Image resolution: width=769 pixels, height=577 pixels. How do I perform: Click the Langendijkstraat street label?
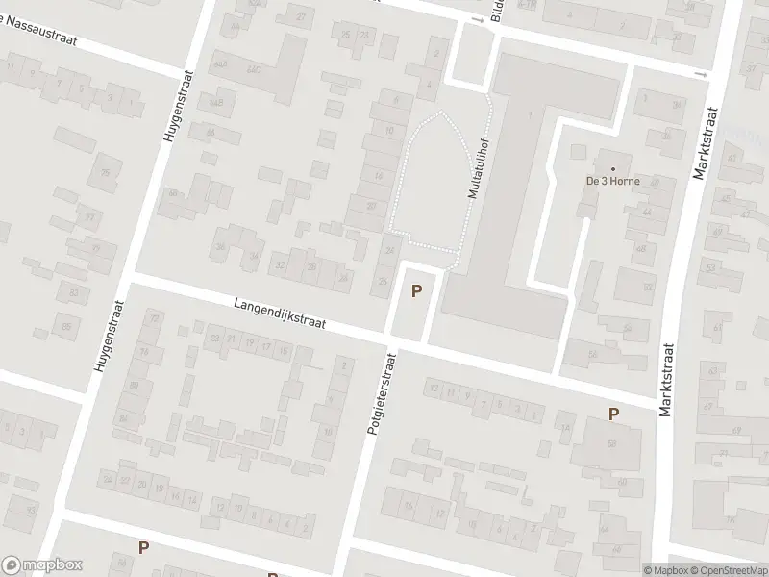[279, 314]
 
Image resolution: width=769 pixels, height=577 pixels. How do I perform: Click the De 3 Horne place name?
[613, 181]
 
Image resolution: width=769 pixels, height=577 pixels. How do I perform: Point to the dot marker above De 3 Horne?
[612, 168]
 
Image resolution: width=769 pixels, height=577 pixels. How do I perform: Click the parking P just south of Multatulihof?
[416, 290]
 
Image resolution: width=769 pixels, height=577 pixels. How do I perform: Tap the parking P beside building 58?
[613, 414]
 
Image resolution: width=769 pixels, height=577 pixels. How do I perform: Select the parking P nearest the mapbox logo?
[143, 547]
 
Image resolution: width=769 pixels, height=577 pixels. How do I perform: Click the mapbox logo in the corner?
[42, 564]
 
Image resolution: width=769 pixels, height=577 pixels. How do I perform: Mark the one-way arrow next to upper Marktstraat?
[702, 74]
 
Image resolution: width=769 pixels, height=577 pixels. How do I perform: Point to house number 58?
[611, 443]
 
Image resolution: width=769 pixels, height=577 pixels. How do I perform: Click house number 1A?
[566, 429]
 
